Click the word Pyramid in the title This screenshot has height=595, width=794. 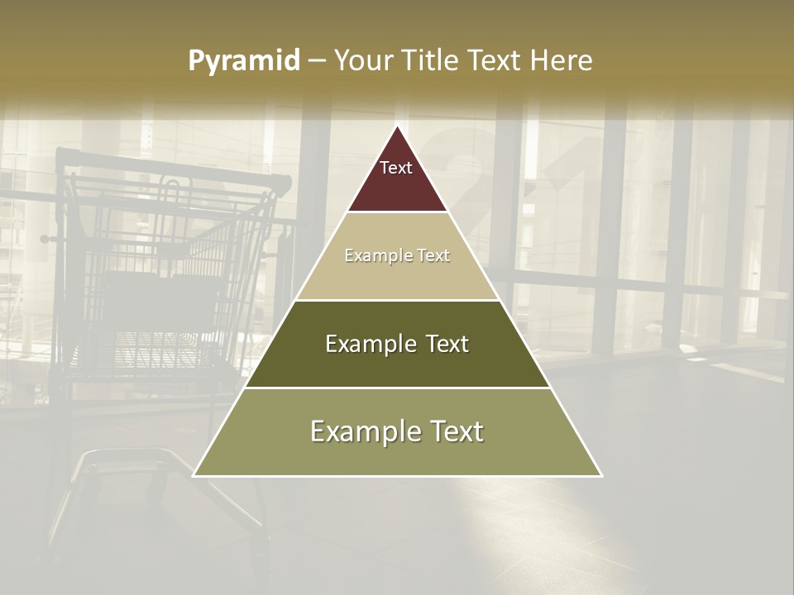(244, 60)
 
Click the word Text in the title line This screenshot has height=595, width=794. (495, 60)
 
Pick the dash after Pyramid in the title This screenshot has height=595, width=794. (317, 61)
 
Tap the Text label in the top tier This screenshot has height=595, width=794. (396, 168)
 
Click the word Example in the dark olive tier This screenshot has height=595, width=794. (371, 344)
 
